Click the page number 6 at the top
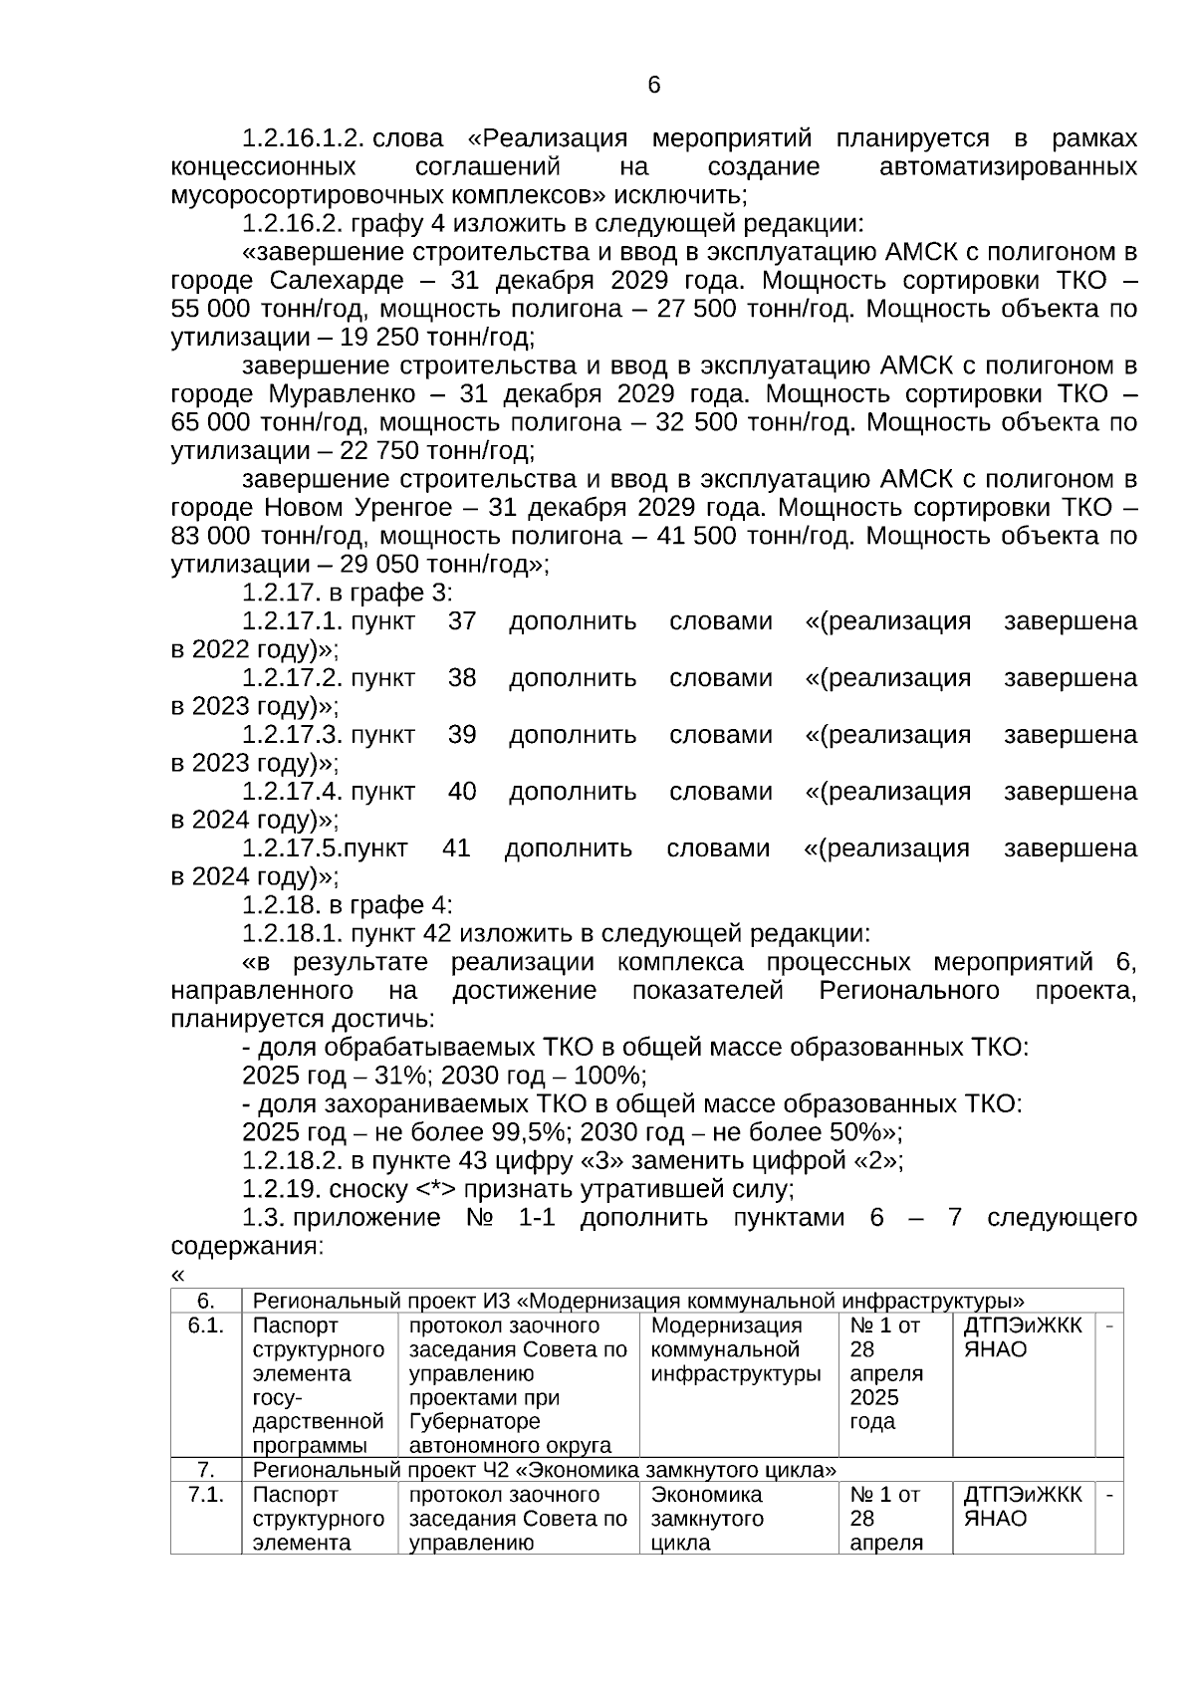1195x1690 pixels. [653, 86]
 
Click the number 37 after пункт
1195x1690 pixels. [462, 621]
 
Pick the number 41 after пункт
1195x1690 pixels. [456, 848]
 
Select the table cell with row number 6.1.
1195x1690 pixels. [205, 1327]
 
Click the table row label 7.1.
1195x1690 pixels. [205, 1496]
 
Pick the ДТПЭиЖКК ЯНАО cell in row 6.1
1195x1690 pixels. [1022, 1338]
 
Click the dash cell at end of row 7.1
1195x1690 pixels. [1109, 1496]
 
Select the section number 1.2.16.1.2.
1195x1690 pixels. [301, 138]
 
